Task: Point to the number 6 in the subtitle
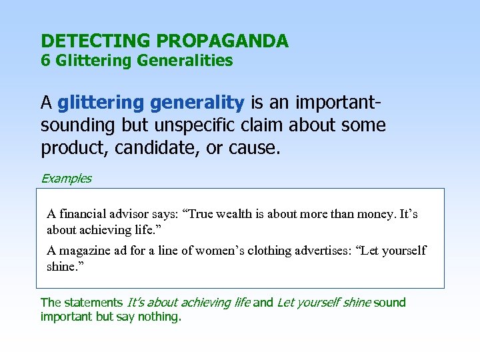click(x=45, y=61)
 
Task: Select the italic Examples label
click(x=66, y=179)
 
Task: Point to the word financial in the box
click(x=82, y=215)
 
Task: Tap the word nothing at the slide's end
click(x=159, y=317)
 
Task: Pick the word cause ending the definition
click(x=255, y=148)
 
